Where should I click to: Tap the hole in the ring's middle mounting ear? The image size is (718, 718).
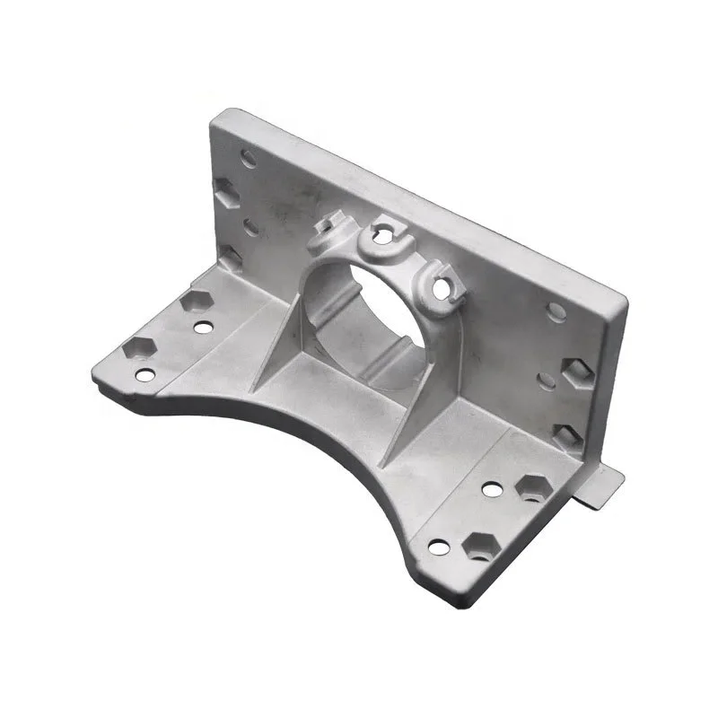[x=381, y=235]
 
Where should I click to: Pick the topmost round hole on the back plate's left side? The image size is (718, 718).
[x=249, y=159]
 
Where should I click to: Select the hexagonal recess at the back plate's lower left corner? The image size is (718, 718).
[x=231, y=260]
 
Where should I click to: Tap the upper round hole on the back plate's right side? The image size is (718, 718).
[x=556, y=311]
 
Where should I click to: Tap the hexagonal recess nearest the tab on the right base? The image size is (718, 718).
[x=534, y=486]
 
